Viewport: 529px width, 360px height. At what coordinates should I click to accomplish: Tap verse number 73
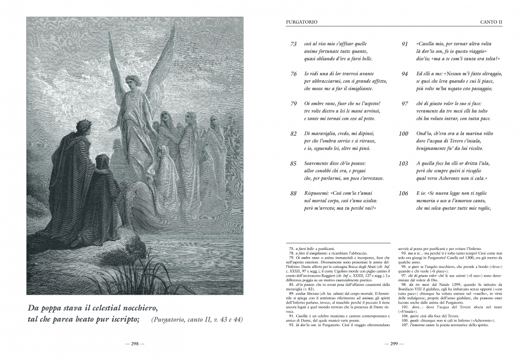pyautogui.click(x=294, y=44)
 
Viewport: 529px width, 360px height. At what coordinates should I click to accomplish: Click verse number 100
pyautogui.click(x=404, y=134)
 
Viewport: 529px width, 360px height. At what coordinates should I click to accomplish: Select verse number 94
pyautogui.click(x=405, y=74)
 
